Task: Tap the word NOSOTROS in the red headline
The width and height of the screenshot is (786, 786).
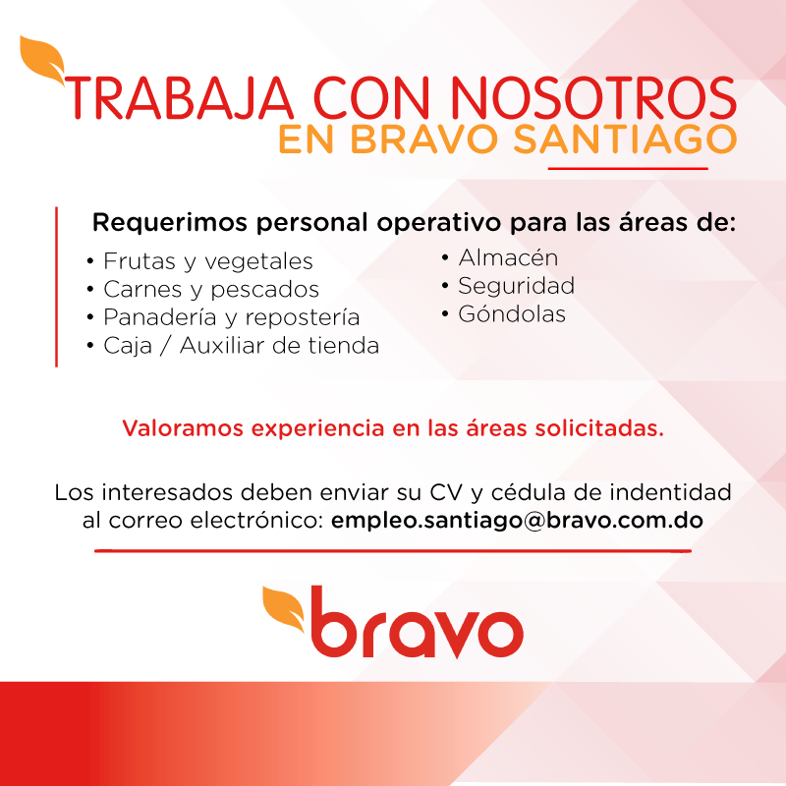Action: tap(594, 98)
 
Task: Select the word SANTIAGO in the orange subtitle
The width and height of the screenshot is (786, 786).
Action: tap(625, 139)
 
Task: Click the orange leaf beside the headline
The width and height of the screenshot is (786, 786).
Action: tap(42, 59)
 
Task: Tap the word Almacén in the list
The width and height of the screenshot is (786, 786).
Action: tap(508, 257)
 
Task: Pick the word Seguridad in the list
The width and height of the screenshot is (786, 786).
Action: tap(517, 286)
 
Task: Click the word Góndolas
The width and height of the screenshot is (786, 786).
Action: tap(512, 313)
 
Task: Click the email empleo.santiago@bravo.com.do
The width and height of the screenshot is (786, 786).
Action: tap(517, 521)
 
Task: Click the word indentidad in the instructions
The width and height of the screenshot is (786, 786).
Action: tap(670, 492)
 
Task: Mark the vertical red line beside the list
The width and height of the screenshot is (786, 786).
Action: tap(56, 287)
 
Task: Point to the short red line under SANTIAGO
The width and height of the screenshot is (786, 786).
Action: tap(628, 169)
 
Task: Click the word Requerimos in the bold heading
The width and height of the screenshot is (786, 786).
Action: tap(170, 223)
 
